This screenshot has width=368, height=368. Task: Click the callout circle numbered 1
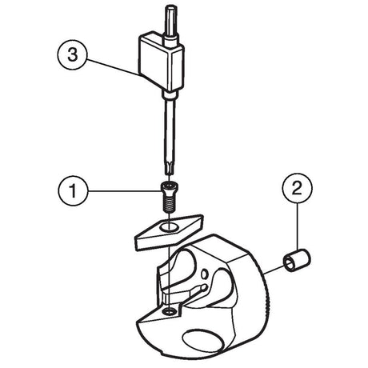point(73,190)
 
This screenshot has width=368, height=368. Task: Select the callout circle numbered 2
point(297,188)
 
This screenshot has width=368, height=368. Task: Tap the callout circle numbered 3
point(72,54)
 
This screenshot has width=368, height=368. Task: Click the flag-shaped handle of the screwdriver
point(161,62)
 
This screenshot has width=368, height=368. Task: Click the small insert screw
point(168,198)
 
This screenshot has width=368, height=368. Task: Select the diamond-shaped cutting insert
point(170,231)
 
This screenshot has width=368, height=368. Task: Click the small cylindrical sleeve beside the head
point(297,262)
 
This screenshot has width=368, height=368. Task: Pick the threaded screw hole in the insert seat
point(170,310)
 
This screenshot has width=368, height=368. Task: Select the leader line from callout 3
point(114,68)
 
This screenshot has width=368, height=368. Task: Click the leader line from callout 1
point(125,190)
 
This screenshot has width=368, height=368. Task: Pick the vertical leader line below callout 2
point(297,226)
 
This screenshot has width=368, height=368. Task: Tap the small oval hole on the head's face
point(205,274)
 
